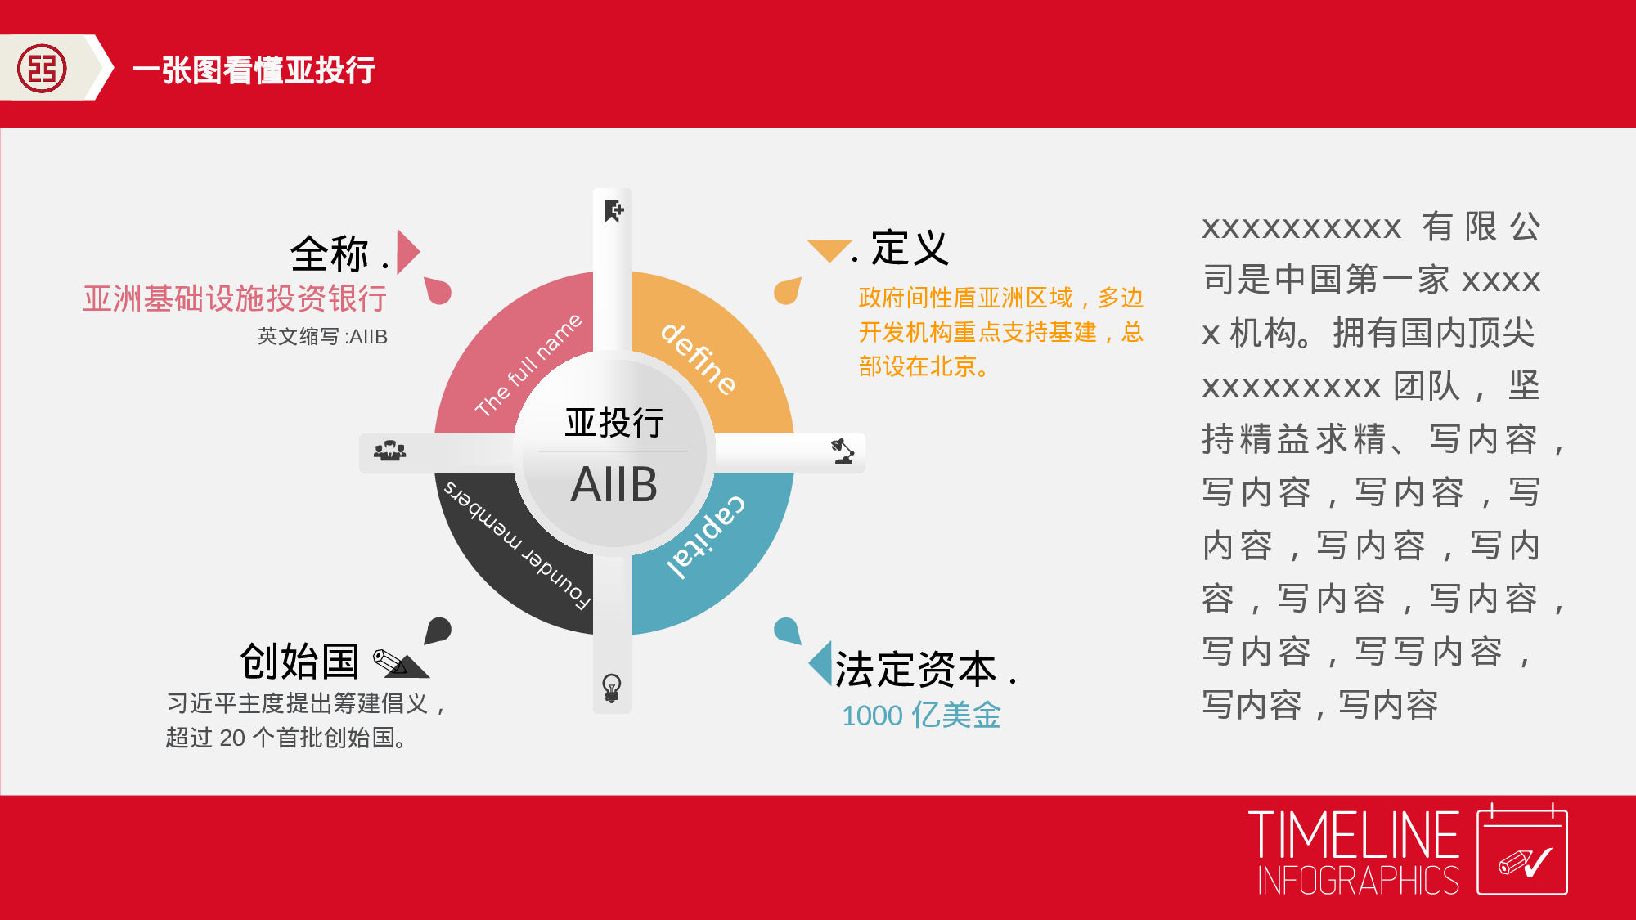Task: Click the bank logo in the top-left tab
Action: pyautogui.click(x=43, y=69)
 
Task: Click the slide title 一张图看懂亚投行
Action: pyautogui.click(x=254, y=70)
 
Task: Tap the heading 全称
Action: pyautogui.click(x=330, y=254)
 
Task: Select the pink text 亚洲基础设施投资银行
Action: pyautogui.click(x=235, y=298)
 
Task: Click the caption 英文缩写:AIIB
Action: pyautogui.click(x=322, y=336)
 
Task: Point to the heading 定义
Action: pyautogui.click(x=910, y=248)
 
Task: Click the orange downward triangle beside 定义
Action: pyautogui.click(x=829, y=249)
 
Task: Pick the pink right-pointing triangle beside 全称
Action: pyautogui.click(x=407, y=252)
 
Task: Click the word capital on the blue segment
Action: pyautogui.click(x=707, y=536)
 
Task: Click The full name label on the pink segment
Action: pyautogui.click(x=528, y=364)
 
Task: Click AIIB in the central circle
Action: pyautogui.click(x=613, y=484)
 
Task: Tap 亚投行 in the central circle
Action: pyautogui.click(x=613, y=423)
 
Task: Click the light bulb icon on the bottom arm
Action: pyautogui.click(x=612, y=688)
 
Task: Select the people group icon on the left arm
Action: pyautogui.click(x=390, y=451)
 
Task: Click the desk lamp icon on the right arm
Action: pyautogui.click(x=843, y=451)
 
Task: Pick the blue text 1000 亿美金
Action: pyautogui.click(x=921, y=715)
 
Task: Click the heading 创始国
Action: pyautogui.click(x=300, y=661)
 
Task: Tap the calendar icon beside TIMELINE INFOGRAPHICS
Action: pyautogui.click(x=1521, y=850)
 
